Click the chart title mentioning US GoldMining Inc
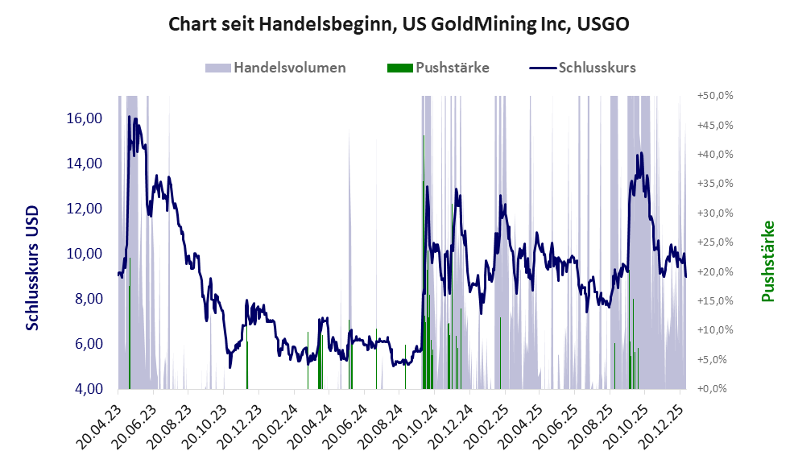[399, 25]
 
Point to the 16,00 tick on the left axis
[83, 118]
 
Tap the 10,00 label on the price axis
[83, 254]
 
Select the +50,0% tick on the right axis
[715, 96]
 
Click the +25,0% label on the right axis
[715, 242]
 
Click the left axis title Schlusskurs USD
[33, 266]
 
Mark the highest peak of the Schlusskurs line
[129, 118]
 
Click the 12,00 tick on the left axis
[83, 209]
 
